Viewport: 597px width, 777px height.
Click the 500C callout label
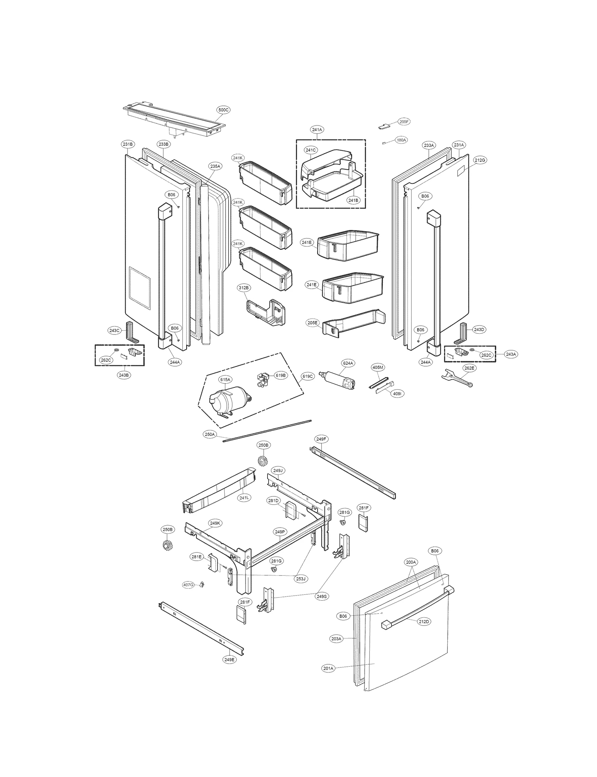tap(224, 110)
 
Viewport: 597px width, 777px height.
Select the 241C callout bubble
tap(310, 150)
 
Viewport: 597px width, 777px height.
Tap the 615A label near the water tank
tap(225, 380)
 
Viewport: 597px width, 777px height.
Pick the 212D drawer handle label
tap(423, 622)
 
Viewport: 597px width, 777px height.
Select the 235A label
tap(215, 166)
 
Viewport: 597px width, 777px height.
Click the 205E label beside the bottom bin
tap(313, 323)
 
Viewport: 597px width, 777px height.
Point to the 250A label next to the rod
tap(210, 434)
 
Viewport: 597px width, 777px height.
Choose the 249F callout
tap(321, 439)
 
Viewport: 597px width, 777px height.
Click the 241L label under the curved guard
tap(244, 497)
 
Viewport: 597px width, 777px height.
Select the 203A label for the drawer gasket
tap(336, 639)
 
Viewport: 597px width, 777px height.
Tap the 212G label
tap(480, 160)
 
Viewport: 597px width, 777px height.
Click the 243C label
tap(114, 330)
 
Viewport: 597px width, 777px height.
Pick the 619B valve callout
tap(280, 375)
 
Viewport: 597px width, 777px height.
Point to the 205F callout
tap(404, 122)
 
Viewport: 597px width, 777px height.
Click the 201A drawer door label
tap(328, 669)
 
